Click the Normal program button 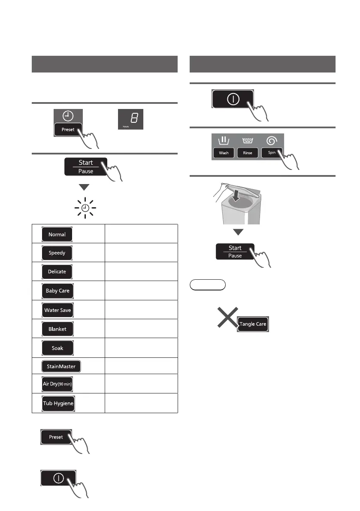pyautogui.click(x=57, y=235)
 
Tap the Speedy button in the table pyautogui.click(x=57, y=253)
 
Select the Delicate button pyautogui.click(x=57, y=272)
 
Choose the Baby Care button pyautogui.click(x=57, y=291)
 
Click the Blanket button pyautogui.click(x=57, y=329)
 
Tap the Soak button pyautogui.click(x=57, y=348)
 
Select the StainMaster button pyautogui.click(x=61, y=366)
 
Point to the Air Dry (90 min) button pyautogui.click(x=57, y=384)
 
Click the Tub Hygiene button pyautogui.click(x=58, y=404)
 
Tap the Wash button pyautogui.click(x=224, y=153)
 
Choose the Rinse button pyautogui.click(x=248, y=153)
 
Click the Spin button pyautogui.click(x=272, y=153)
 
